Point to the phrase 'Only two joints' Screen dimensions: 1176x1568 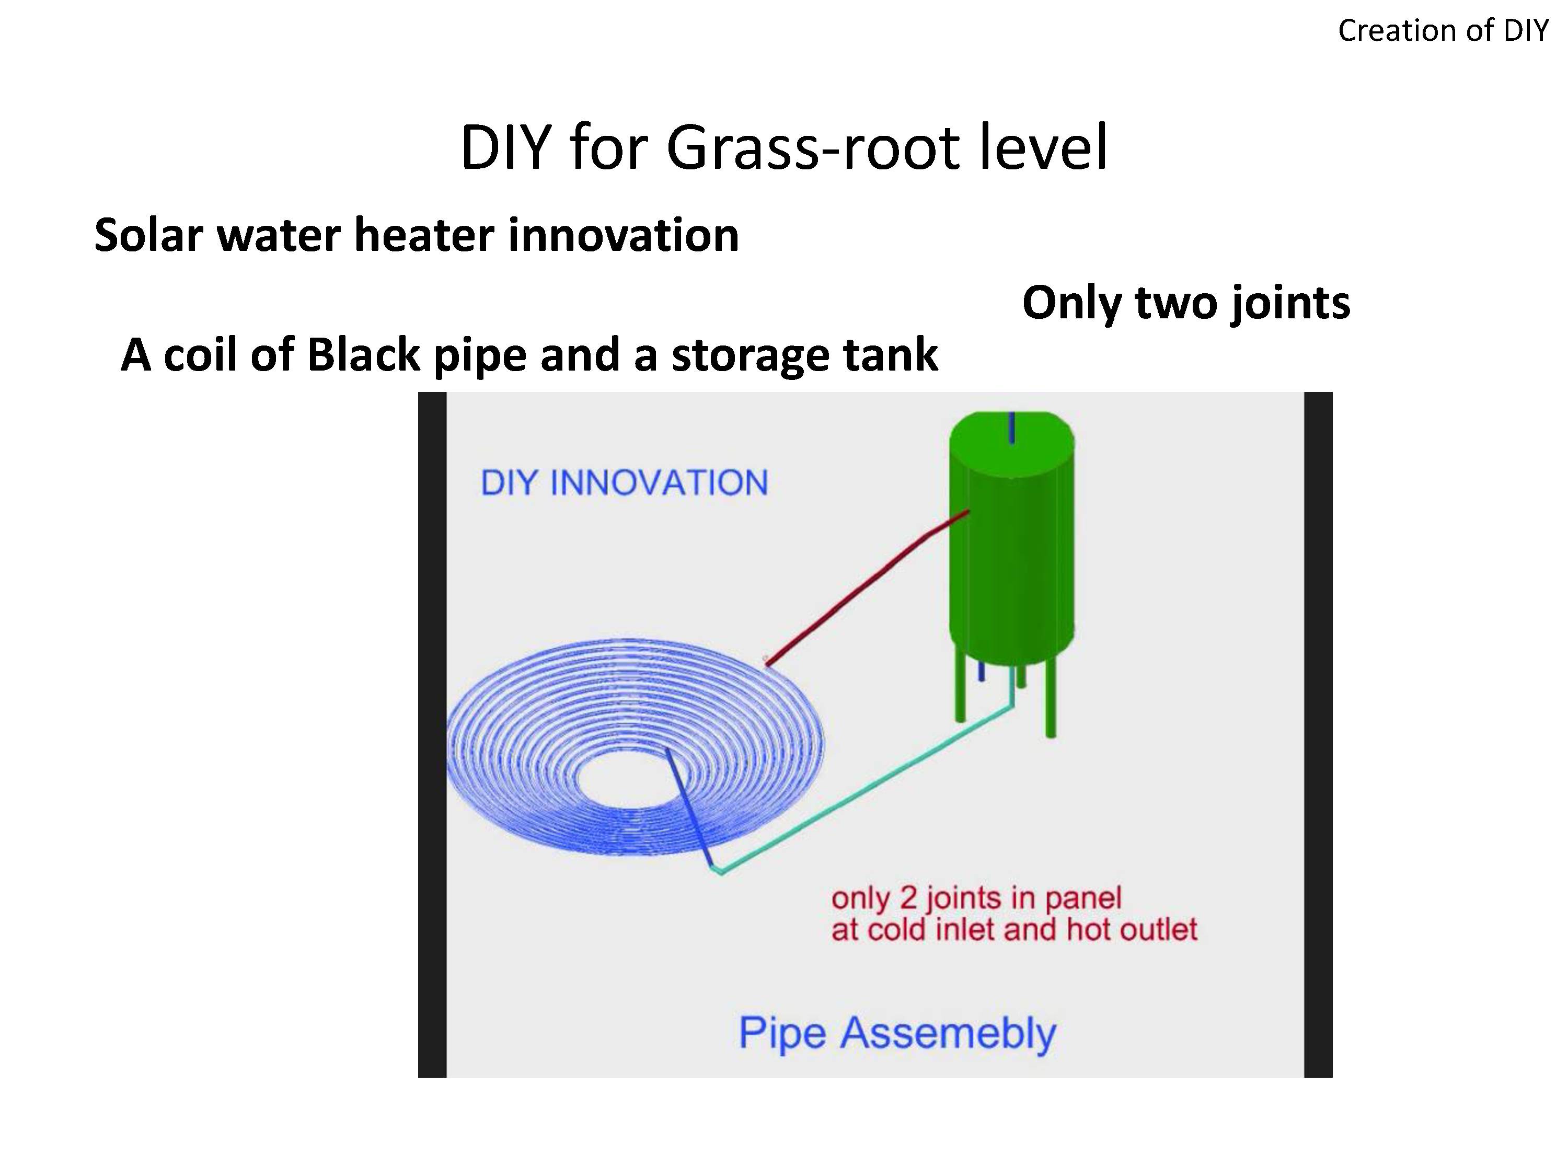(x=1186, y=303)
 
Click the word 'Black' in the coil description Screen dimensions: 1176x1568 (x=362, y=354)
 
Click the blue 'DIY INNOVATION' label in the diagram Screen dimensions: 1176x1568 (x=624, y=483)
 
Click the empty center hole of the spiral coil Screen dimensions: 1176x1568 (x=624, y=780)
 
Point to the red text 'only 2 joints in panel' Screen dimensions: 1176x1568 (x=976, y=898)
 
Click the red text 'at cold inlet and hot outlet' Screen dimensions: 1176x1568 (x=1013, y=930)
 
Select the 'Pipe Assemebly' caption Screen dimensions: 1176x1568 (x=897, y=1033)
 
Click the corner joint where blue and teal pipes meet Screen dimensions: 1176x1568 (x=718, y=870)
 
